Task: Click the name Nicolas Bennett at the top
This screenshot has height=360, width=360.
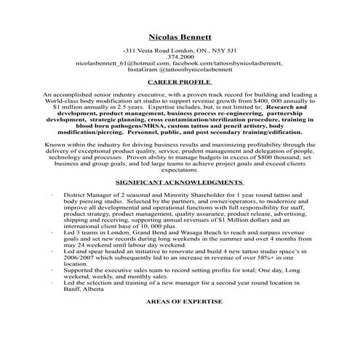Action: (x=180, y=36)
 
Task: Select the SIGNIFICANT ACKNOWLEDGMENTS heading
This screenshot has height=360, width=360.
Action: (x=180, y=181)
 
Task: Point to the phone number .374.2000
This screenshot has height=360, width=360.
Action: (x=180, y=57)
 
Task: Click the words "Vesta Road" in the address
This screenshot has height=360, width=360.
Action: (x=157, y=50)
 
